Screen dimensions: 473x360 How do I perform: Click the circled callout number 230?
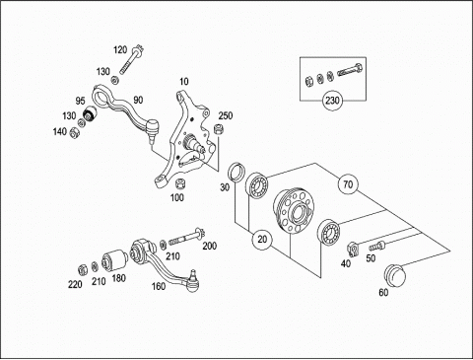pyautogui.click(x=332, y=101)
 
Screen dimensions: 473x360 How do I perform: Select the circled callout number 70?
pyautogui.click(x=348, y=184)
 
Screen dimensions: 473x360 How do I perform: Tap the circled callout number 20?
pyautogui.click(x=262, y=239)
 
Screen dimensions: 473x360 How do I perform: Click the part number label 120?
pyautogui.click(x=120, y=50)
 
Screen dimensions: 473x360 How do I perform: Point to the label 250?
pyautogui.click(x=226, y=115)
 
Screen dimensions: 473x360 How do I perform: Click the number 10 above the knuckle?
pyautogui.click(x=184, y=81)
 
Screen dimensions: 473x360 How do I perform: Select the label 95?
pyautogui.click(x=81, y=101)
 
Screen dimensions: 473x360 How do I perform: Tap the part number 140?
pyautogui.click(x=60, y=132)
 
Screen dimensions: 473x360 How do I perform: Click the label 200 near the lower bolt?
pyautogui.click(x=210, y=246)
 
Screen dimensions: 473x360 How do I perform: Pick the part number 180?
pyautogui.click(x=119, y=278)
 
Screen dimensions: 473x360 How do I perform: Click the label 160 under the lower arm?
pyautogui.click(x=159, y=286)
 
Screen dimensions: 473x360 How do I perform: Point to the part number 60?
pyautogui.click(x=383, y=292)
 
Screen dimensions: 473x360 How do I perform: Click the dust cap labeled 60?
pyautogui.click(x=395, y=275)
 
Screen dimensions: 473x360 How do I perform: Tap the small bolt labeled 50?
pyautogui.click(x=376, y=246)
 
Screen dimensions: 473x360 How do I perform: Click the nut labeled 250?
pyautogui.click(x=219, y=129)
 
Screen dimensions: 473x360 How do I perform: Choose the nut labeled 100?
pyautogui.click(x=180, y=184)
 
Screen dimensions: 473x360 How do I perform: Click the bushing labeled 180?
pyautogui.click(x=114, y=260)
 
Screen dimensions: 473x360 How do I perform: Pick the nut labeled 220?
pyautogui.click(x=82, y=269)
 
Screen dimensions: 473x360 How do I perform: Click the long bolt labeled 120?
pyautogui.click(x=131, y=60)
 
